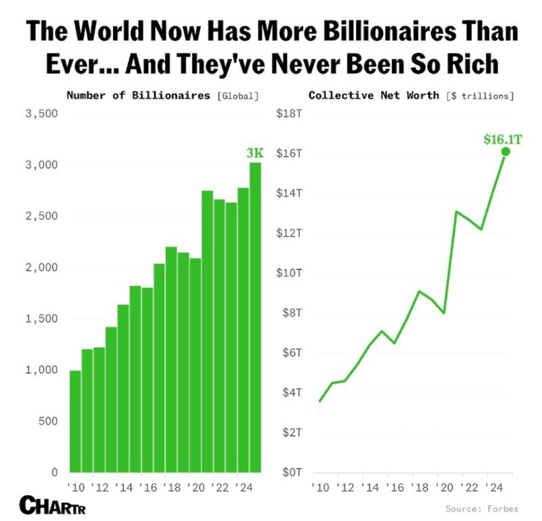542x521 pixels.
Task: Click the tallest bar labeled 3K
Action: click(255, 317)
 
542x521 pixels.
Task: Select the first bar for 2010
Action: click(75, 421)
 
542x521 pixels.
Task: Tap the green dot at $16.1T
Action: click(505, 151)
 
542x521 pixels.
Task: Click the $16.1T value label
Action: click(503, 138)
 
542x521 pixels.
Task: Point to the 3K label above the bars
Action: click(255, 153)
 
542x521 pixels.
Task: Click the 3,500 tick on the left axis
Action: click(41, 114)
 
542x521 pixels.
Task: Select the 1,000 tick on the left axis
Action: click(41, 370)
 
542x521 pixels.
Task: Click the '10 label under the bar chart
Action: click(75, 487)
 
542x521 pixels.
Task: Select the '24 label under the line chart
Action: click(492, 487)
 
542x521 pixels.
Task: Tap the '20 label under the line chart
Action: click(444, 487)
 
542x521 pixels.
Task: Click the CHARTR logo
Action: click(52, 505)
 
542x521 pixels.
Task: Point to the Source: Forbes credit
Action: click(481, 509)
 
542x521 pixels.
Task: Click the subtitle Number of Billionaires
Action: click(138, 96)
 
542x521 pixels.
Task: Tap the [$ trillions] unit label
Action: click(480, 96)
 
